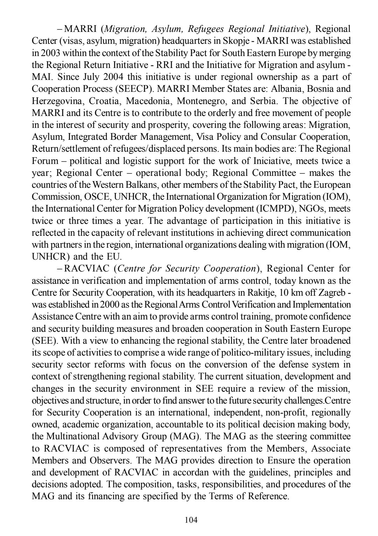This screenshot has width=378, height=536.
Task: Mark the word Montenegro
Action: click(201, 101)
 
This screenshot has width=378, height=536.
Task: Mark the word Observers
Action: click(111, 460)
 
